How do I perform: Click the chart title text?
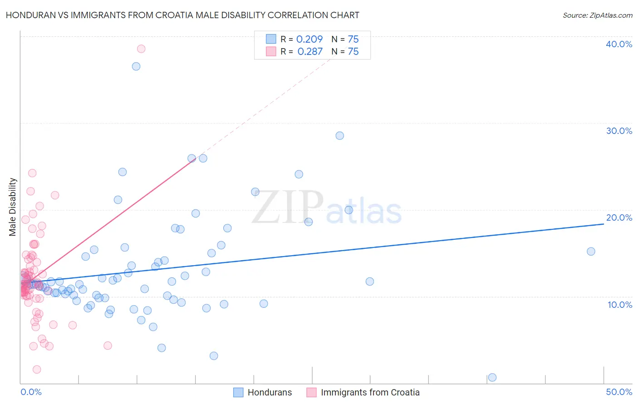pyautogui.click(x=182, y=15)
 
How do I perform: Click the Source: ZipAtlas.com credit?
pyautogui.click(x=597, y=15)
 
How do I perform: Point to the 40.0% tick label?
pyautogui.click(x=619, y=44)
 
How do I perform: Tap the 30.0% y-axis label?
pyautogui.click(x=619, y=131)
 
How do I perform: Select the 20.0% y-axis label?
pyautogui.click(x=619, y=217)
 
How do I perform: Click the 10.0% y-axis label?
pyautogui.click(x=620, y=305)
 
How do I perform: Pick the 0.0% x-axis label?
pyautogui.click(x=31, y=392)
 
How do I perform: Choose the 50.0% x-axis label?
pyautogui.click(x=619, y=392)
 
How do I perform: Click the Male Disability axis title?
pyautogui.click(x=13, y=207)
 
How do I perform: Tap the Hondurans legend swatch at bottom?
pyautogui.click(x=238, y=392)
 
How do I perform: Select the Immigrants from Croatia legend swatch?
pyautogui.click(x=311, y=392)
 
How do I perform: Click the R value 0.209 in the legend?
pyautogui.click(x=309, y=40)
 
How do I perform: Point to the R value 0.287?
pyautogui.click(x=310, y=52)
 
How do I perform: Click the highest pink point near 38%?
pyautogui.click(x=141, y=49)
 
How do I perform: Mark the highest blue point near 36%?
pyautogui.click(x=136, y=66)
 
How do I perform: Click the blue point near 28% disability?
pyautogui.click(x=339, y=136)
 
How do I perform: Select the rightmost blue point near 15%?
pyautogui.click(x=591, y=252)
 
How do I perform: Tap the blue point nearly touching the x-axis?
pyautogui.click(x=492, y=377)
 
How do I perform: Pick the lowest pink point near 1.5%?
pyautogui.click(x=37, y=370)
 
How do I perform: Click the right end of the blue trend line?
pyautogui.click(x=604, y=224)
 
